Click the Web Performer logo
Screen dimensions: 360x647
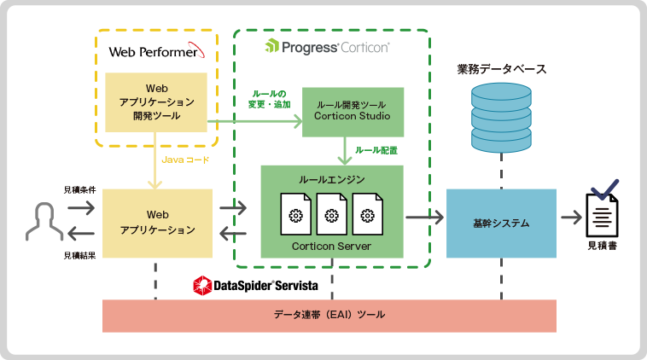156,51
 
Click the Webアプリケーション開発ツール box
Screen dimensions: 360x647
156,102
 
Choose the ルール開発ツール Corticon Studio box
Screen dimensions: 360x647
353,111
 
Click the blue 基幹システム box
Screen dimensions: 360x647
501,224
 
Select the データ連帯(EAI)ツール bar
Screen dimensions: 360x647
329,316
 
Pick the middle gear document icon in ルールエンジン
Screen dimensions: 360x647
332,214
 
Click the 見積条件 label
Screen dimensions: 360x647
79,189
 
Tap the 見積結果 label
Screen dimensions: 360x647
79,255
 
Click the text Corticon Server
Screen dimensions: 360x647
332,246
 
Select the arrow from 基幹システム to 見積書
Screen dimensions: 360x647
569,218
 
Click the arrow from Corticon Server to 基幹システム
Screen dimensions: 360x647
424,218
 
